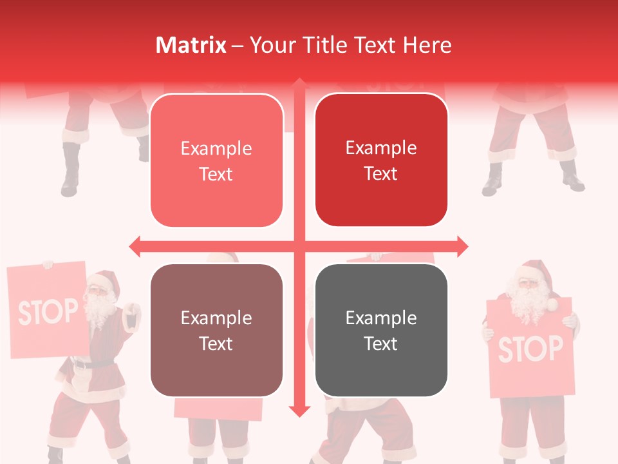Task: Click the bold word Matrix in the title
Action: pyautogui.click(x=191, y=45)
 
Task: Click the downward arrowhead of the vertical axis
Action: pyautogui.click(x=299, y=411)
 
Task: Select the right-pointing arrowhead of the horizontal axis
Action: pyautogui.click(x=462, y=246)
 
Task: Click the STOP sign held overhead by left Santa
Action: pyautogui.click(x=48, y=310)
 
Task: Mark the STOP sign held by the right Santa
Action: pyautogui.click(x=530, y=349)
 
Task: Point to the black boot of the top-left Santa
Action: pyautogui.click(x=70, y=171)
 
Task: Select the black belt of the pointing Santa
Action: pyautogui.click(x=90, y=364)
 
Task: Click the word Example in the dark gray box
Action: pyautogui.click(x=381, y=318)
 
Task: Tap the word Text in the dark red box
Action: pyautogui.click(x=381, y=174)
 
